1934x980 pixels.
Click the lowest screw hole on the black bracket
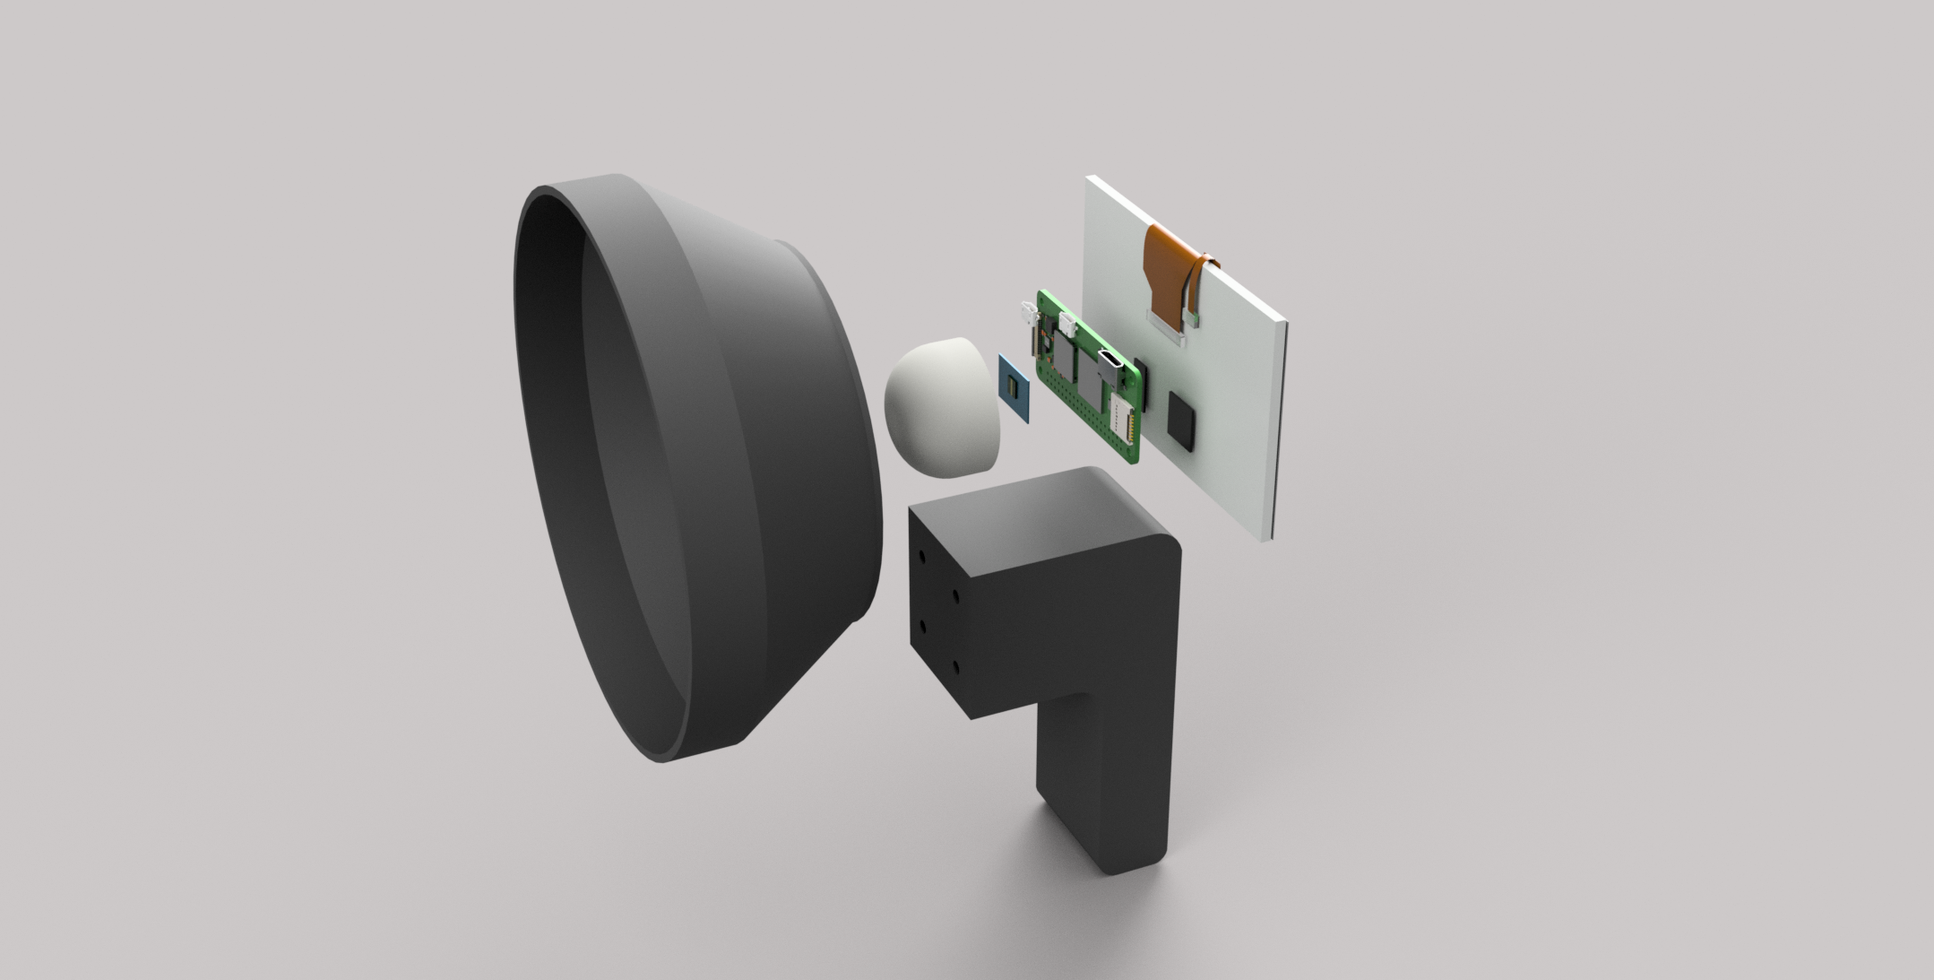[956, 668]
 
